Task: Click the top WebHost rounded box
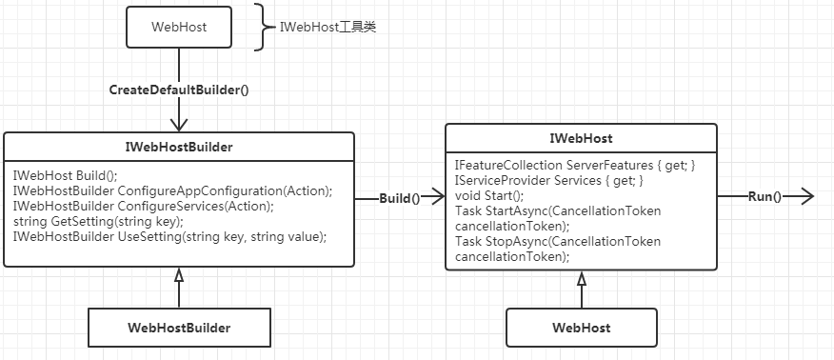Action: [179, 27]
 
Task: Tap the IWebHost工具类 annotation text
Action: [328, 27]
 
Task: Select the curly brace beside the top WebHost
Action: [263, 27]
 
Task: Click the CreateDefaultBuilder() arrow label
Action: [179, 90]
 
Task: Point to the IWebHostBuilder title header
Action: [179, 147]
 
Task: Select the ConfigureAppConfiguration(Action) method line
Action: [172, 190]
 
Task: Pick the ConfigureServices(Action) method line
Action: [143, 206]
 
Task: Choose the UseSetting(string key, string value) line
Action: [169, 236]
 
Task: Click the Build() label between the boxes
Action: [400, 198]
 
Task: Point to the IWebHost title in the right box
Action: [580, 139]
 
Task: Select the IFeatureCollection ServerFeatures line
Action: [575, 165]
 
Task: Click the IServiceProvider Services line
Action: [549, 180]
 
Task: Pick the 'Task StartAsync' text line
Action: [558, 210]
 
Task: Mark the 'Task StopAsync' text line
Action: [558, 241]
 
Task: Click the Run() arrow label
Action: [764, 196]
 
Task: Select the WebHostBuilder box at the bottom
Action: [179, 328]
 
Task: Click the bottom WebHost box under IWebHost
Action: [581, 328]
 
